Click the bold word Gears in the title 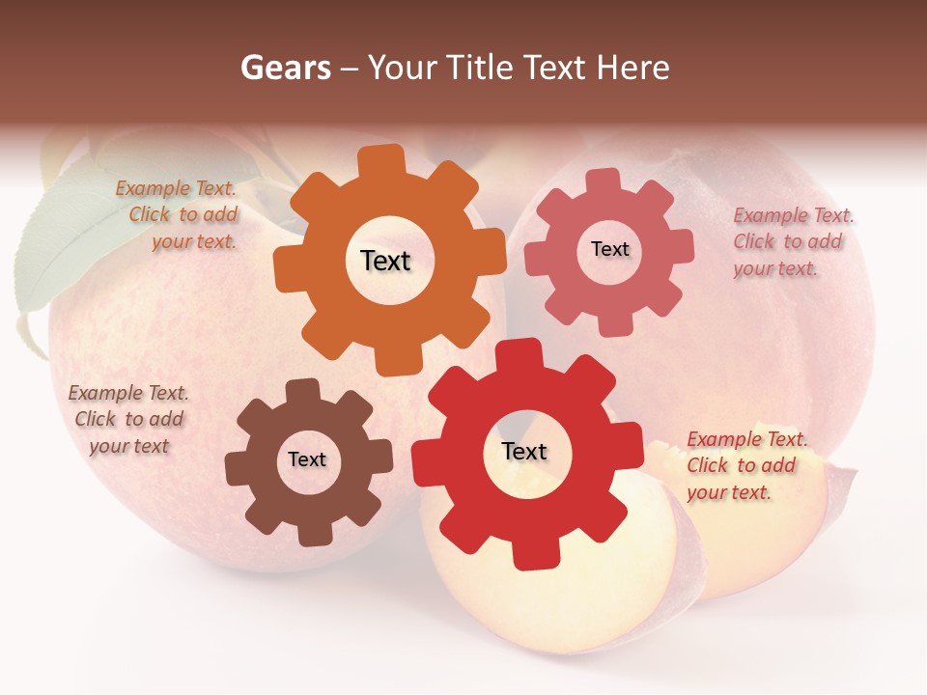click(285, 68)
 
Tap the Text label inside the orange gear click(385, 261)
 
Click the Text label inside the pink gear click(609, 249)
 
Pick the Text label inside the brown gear click(307, 459)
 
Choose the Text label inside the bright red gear click(524, 451)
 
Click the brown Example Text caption click(128, 420)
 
